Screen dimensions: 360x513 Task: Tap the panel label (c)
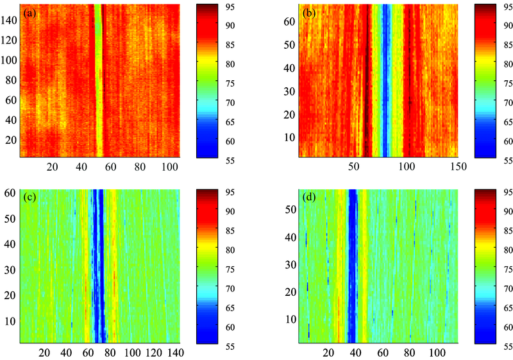pos(30,198)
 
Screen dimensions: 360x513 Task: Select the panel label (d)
pos(309,198)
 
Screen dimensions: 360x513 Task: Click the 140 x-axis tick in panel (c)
pos(176,353)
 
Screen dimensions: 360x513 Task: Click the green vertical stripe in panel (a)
pos(98,83)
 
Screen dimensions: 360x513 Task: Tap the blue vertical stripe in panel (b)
pos(385,83)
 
